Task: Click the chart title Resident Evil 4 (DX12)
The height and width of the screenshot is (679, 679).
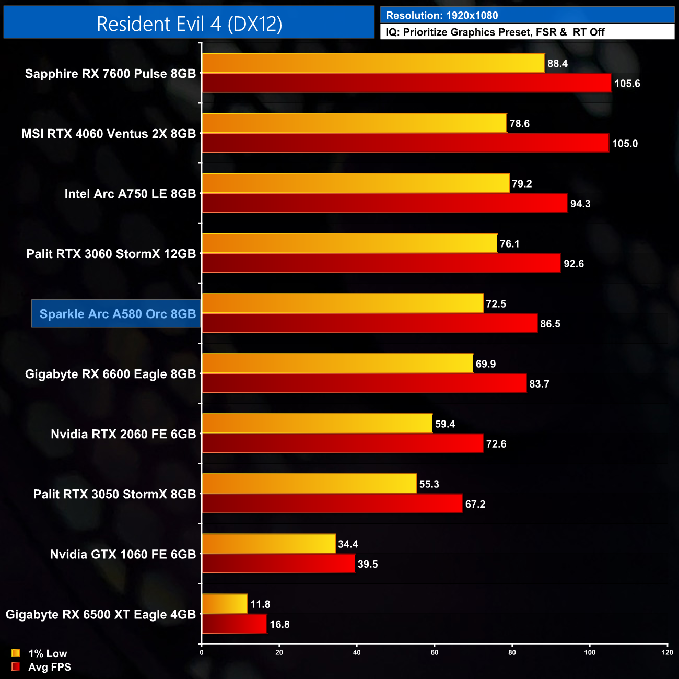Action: tap(189, 24)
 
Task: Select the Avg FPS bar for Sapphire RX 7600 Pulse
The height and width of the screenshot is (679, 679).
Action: tap(406, 83)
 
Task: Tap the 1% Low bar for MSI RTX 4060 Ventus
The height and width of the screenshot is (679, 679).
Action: tap(354, 123)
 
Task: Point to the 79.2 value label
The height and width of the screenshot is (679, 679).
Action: tap(522, 184)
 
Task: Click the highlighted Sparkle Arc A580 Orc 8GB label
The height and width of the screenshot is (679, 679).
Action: tap(117, 314)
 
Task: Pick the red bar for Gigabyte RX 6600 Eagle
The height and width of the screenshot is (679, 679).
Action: tap(364, 383)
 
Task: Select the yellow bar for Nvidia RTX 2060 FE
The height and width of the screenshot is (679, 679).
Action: tap(317, 423)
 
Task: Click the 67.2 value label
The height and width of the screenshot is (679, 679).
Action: tap(475, 504)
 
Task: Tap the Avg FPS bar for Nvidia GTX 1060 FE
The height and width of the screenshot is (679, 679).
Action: tap(278, 564)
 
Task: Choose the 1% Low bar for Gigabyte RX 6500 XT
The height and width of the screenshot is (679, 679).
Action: tap(225, 604)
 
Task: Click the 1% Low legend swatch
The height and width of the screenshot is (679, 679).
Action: tap(16, 653)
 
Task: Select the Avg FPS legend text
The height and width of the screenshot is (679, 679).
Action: tap(50, 667)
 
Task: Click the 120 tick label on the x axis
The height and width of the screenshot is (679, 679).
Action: tap(667, 652)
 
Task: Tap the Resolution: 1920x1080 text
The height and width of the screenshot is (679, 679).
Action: tap(442, 16)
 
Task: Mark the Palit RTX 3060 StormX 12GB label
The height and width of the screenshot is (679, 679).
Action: tap(111, 254)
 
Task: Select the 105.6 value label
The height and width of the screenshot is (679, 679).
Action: tap(627, 84)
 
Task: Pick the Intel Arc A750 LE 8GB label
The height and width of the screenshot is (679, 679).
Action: tap(130, 194)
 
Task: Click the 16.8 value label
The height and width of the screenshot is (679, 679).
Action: tap(279, 624)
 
